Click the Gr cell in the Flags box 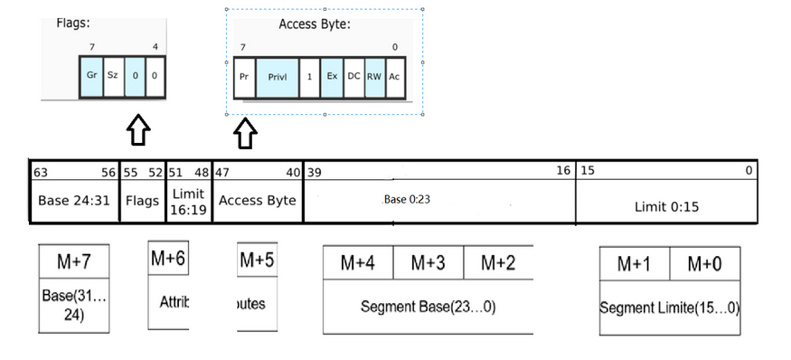(91, 75)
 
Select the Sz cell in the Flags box (112, 75)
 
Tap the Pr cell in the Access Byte (244, 77)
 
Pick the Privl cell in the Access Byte (278, 77)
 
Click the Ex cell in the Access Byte (332, 77)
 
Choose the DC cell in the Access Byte (353, 77)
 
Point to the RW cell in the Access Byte (374, 77)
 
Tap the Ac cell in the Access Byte (394, 77)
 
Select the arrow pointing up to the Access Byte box (245, 135)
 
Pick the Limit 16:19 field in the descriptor (188, 202)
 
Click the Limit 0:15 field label (667, 207)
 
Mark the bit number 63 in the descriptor (40, 172)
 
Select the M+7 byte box (74, 262)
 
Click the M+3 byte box (428, 263)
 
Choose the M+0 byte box (704, 264)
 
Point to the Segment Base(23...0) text (428, 307)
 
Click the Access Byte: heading (314, 24)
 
